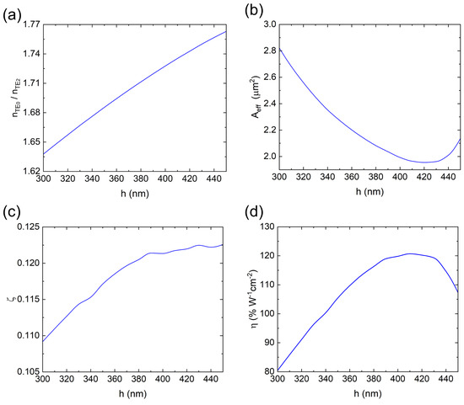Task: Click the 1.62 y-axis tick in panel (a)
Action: pos(30,171)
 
